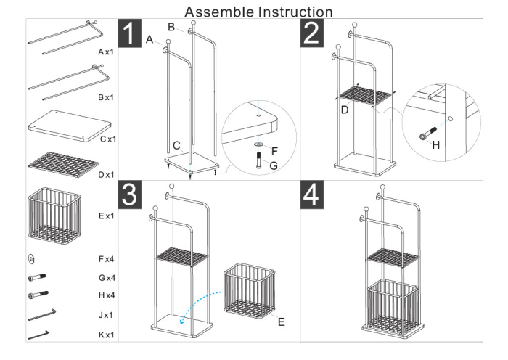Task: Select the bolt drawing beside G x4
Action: point(38,277)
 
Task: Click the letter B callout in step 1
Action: point(171,27)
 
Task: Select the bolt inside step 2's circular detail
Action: point(427,134)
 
